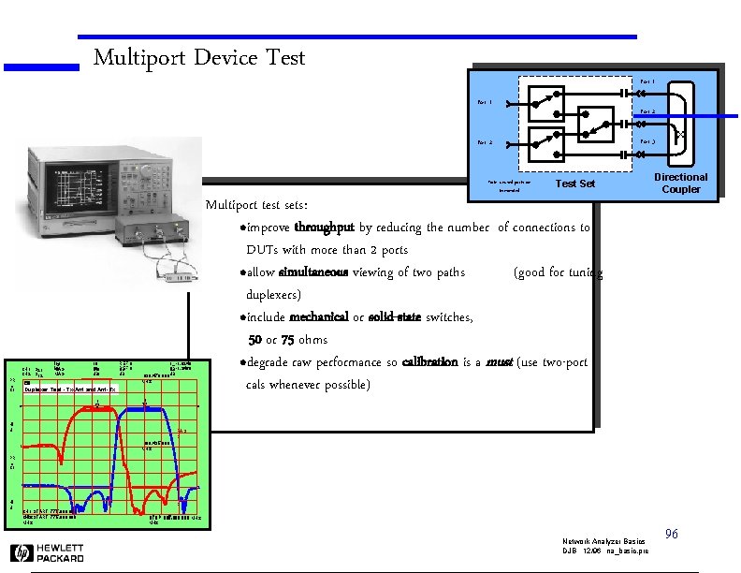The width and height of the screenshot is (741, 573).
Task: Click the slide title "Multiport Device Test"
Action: [199, 58]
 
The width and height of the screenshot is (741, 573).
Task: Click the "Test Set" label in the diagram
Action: [574, 184]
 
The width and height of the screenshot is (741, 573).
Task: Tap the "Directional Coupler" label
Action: [680, 184]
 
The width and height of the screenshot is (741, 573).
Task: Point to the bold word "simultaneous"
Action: [313, 272]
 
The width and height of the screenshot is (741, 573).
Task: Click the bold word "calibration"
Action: [429, 362]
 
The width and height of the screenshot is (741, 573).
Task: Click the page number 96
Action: [670, 534]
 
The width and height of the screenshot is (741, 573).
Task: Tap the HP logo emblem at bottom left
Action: [21, 552]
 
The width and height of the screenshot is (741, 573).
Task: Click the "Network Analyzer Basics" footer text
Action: [603, 542]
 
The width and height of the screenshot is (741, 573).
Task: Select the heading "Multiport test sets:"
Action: [256, 205]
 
